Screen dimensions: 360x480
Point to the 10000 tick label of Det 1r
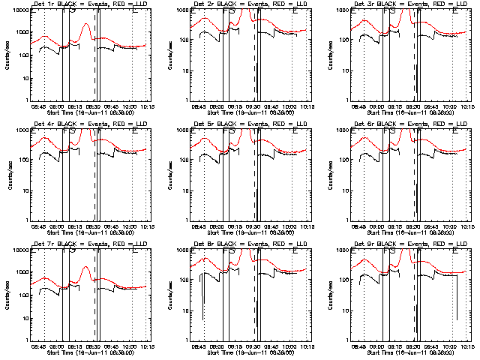point(19,10)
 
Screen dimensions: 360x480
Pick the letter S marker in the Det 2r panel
point(232,11)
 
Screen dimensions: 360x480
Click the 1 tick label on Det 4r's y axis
point(25,220)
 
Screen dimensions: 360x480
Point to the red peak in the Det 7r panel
point(86,268)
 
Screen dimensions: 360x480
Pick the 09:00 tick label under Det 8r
point(217,346)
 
